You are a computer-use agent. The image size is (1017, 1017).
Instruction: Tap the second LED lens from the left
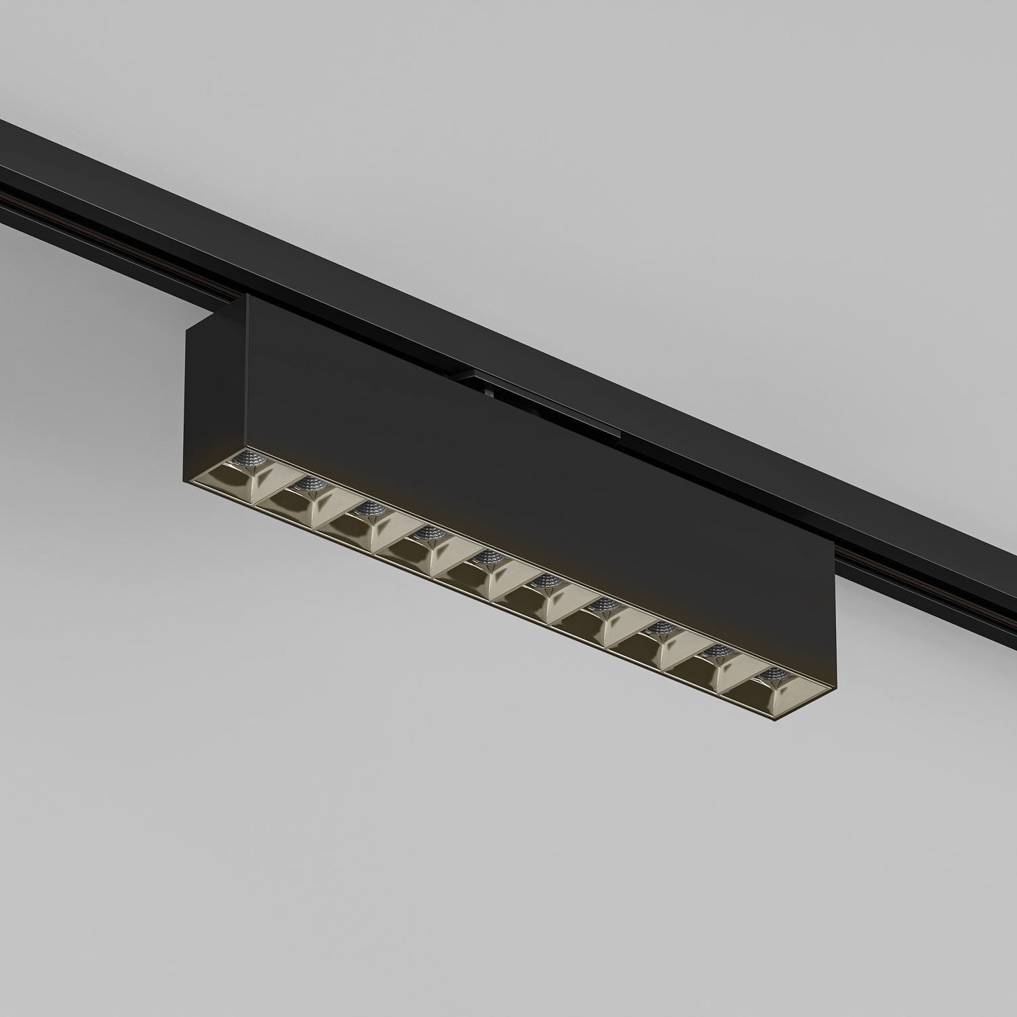click(309, 483)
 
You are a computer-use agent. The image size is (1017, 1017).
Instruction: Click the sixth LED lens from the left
click(544, 581)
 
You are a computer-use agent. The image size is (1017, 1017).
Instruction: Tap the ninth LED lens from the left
click(714, 652)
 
